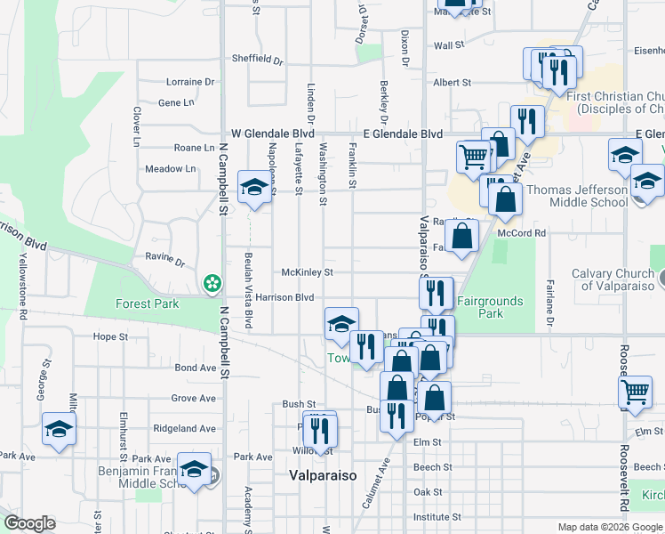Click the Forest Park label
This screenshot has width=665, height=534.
(x=148, y=303)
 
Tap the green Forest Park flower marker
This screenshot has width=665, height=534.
(x=212, y=284)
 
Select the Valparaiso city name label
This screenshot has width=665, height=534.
(x=323, y=475)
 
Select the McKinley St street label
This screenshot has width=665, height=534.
(x=307, y=271)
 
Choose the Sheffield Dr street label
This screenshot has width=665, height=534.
(x=257, y=61)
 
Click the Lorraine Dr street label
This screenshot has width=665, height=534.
(x=191, y=82)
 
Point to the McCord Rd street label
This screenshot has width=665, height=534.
(x=521, y=233)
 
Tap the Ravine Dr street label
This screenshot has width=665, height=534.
(x=165, y=263)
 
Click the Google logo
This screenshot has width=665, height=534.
(x=30, y=524)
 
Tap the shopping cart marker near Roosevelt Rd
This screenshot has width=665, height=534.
(x=636, y=392)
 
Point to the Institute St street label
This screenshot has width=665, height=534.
(x=437, y=516)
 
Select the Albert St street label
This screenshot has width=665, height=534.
(x=452, y=82)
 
